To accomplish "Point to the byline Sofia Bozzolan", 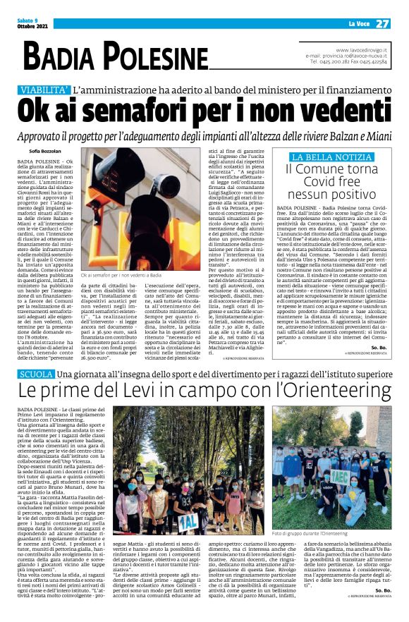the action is coord(45,150).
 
